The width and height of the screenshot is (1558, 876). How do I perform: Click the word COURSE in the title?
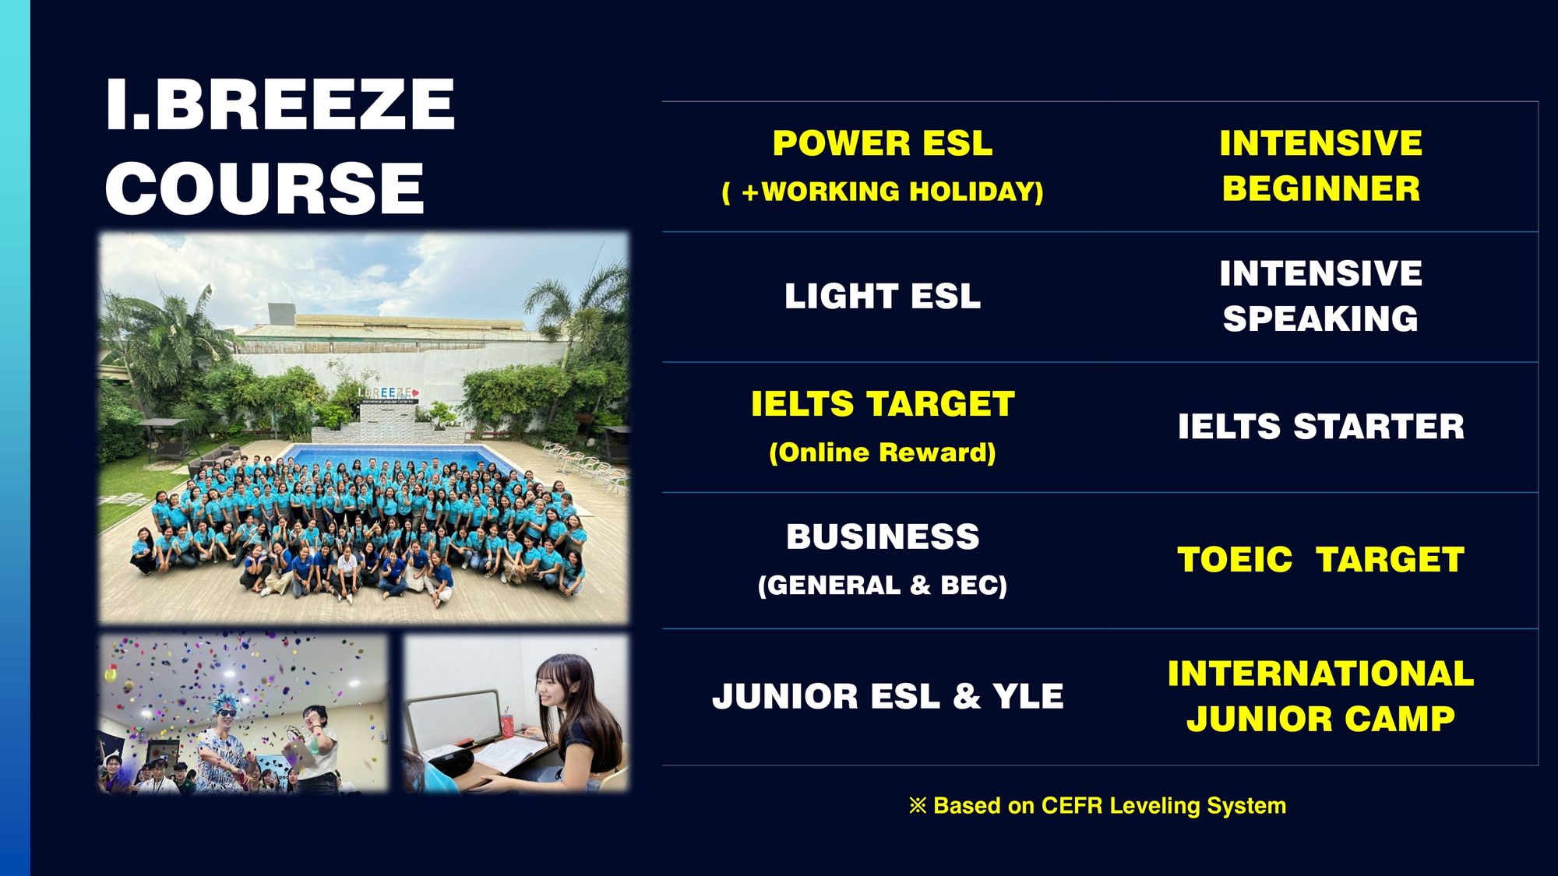click(x=265, y=188)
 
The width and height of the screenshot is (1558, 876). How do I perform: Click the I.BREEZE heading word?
click(x=280, y=104)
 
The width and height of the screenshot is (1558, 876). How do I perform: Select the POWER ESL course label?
click(x=883, y=143)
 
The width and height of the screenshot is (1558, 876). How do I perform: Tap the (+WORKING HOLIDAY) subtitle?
click(x=883, y=192)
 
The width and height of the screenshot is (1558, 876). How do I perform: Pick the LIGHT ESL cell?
click(x=883, y=297)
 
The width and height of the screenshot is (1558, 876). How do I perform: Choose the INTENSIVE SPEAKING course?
click(x=1321, y=296)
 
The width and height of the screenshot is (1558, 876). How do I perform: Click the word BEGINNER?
click(x=1321, y=188)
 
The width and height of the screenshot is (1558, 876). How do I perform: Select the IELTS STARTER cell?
click(x=1321, y=427)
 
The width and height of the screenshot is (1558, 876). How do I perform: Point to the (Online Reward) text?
click(x=883, y=452)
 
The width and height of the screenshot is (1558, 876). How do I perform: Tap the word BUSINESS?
click(x=883, y=537)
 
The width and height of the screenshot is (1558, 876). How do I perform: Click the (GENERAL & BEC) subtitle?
click(x=883, y=586)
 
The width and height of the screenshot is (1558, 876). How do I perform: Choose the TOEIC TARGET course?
click(x=1321, y=560)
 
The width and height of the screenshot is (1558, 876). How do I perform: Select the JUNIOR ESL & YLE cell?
click(x=888, y=696)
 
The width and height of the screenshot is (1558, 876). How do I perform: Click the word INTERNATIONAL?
click(x=1321, y=674)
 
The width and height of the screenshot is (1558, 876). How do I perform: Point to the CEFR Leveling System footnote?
click(x=1098, y=805)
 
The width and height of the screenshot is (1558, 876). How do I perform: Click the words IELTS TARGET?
click(x=883, y=404)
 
